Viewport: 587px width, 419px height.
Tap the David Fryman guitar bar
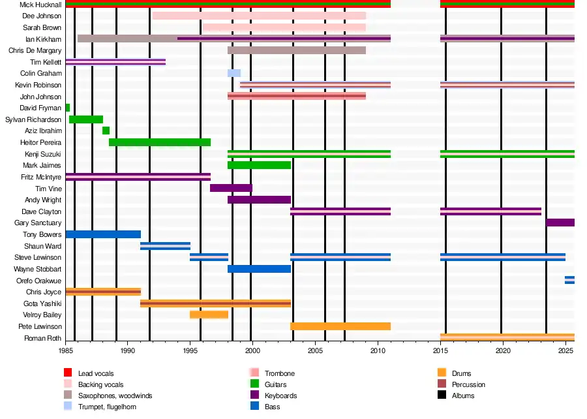[68, 108]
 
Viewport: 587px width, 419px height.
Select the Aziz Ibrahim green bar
[106, 131]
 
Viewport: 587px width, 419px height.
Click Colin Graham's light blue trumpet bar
[233, 73]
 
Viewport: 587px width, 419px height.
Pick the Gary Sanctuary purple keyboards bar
[560, 223]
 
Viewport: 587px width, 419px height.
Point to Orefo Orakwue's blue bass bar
[569, 280]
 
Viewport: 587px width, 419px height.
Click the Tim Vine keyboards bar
[231, 188]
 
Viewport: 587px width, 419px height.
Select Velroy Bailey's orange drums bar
[209, 315]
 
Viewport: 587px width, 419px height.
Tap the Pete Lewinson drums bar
[340, 326]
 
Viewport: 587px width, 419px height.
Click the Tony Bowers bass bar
[103, 234]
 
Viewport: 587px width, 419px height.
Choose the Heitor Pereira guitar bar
[159, 142]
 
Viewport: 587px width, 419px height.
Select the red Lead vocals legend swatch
[67, 373]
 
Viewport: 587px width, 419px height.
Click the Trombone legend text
[280, 373]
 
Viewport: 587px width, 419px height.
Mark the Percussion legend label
[468, 384]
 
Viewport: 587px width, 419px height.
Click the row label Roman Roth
[42, 338]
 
